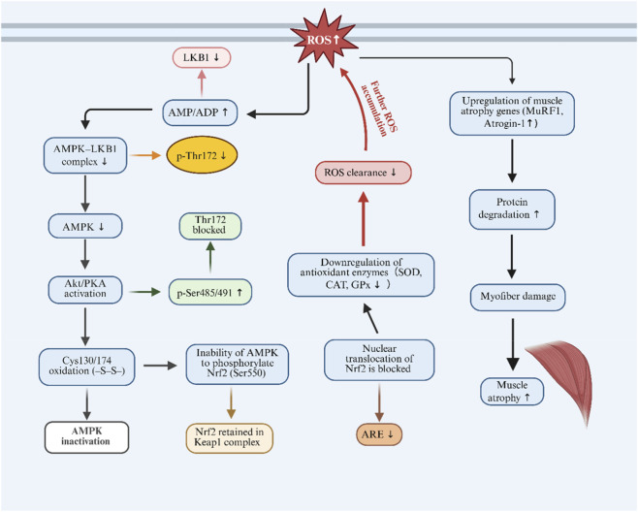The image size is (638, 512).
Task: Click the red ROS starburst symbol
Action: tap(324, 40)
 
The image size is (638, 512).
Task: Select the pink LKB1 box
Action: tap(202, 57)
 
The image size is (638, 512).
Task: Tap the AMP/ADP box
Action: tap(200, 112)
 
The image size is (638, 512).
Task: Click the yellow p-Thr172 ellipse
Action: tap(202, 155)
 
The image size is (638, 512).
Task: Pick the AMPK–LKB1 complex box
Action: tap(85, 155)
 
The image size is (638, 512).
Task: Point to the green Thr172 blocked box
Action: tap(210, 225)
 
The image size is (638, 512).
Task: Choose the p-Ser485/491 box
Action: tap(210, 292)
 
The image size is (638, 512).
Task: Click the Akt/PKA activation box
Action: tap(85, 289)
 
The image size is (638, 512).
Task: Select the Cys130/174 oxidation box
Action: tap(86, 367)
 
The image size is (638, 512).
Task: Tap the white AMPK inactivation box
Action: tap(86, 437)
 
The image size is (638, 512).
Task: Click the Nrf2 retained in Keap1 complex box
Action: tap(229, 438)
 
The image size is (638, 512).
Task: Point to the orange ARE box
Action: tap(379, 434)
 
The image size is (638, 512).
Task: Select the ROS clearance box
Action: tap(364, 173)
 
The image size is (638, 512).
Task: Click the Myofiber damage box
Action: tap(518, 297)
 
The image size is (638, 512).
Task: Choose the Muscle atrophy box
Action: tap(512, 392)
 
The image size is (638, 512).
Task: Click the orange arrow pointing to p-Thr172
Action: tap(145, 155)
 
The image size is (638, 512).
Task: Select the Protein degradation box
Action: tap(512, 208)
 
